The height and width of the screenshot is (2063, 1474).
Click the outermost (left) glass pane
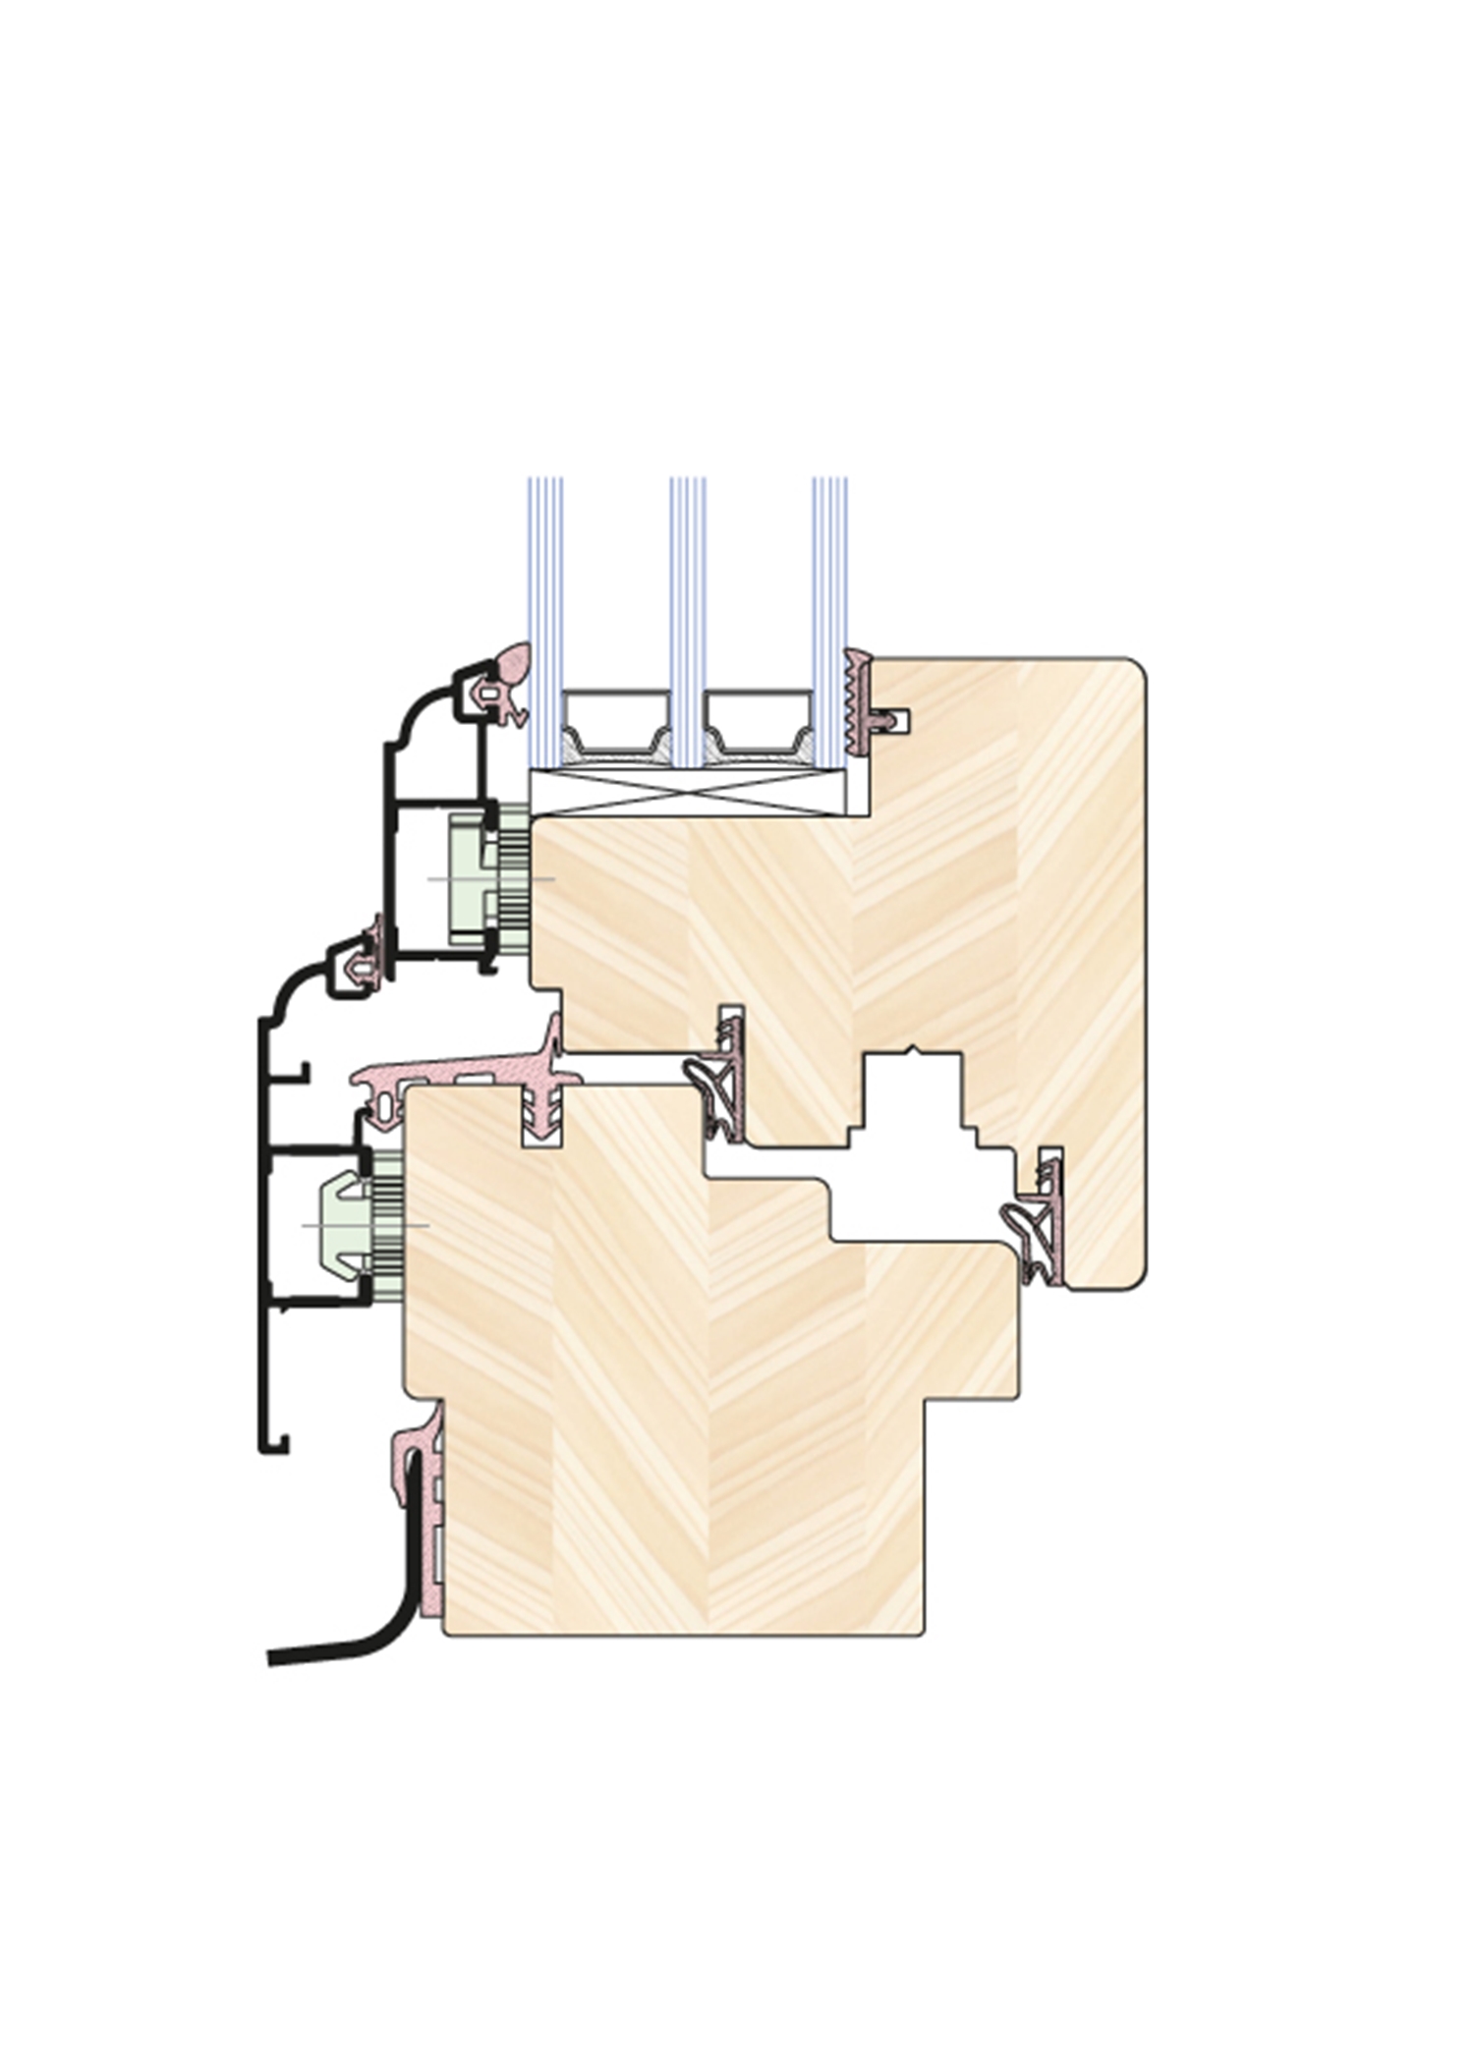tap(545, 589)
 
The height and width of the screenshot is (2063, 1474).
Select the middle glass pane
tap(688, 589)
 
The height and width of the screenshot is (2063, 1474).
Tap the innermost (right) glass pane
tap(829, 589)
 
